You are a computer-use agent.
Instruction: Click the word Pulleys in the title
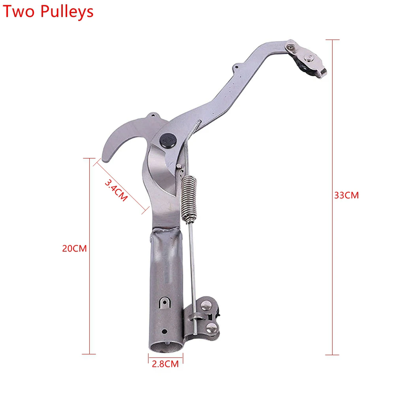(x=67, y=12)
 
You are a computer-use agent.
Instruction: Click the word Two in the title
(x=19, y=11)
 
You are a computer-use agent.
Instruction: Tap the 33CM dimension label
(x=346, y=196)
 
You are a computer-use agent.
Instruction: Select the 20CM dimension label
(x=74, y=248)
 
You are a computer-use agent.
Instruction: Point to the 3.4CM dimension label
(x=116, y=190)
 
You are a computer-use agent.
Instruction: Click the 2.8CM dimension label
(x=165, y=364)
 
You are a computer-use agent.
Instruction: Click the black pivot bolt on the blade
(x=168, y=141)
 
